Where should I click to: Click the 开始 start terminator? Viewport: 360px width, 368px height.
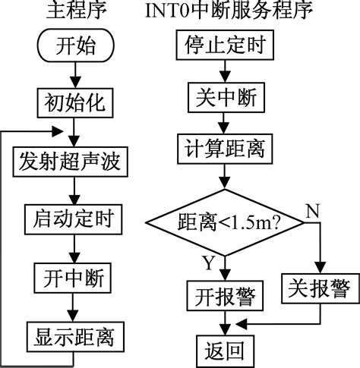click(x=76, y=46)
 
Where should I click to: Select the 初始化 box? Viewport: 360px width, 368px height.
click(x=75, y=103)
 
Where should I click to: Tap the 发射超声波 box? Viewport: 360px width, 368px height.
click(x=71, y=162)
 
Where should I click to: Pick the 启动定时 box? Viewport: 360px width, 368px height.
click(x=74, y=219)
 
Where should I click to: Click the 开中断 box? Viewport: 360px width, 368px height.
click(x=73, y=278)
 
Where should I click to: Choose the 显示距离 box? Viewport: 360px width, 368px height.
click(x=75, y=337)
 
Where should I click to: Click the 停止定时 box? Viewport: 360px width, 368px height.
click(x=225, y=45)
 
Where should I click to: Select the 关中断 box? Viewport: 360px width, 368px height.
click(x=226, y=97)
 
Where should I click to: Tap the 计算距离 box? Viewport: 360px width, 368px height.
click(x=225, y=149)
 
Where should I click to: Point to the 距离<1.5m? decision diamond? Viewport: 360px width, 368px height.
click(x=225, y=223)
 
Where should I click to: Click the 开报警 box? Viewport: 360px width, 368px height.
click(x=225, y=296)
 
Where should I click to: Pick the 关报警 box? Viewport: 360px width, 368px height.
click(x=321, y=288)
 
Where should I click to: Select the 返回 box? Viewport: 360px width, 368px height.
click(x=226, y=351)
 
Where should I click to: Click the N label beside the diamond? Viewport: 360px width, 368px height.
click(x=313, y=211)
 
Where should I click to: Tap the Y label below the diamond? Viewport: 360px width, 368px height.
click(x=209, y=263)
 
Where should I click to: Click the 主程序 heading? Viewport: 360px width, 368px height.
click(x=76, y=11)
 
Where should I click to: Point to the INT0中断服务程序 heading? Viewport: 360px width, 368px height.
click(x=229, y=11)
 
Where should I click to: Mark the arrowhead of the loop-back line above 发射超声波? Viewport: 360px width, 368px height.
click(x=58, y=132)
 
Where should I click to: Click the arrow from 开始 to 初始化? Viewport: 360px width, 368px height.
click(x=75, y=75)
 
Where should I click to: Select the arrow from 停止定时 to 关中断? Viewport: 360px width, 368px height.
click(x=225, y=71)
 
